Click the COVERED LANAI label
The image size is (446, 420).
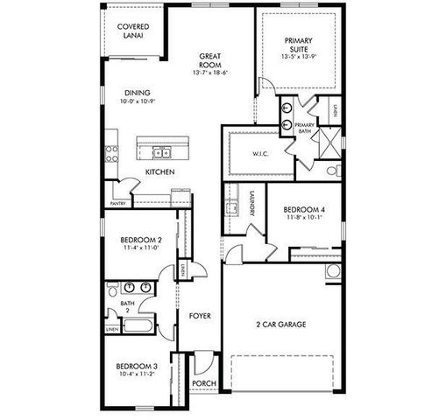pos(133,31)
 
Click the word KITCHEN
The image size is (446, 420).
pos(160,172)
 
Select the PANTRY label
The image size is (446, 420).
pos(118,204)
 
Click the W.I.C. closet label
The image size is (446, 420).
pos(258,154)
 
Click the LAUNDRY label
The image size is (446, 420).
pos(251,203)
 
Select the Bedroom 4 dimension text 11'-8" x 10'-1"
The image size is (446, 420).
pos(303,219)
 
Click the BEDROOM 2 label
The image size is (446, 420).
pos(140,239)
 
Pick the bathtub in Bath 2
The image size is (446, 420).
pos(138,327)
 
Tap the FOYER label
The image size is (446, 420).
pos(201,315)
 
